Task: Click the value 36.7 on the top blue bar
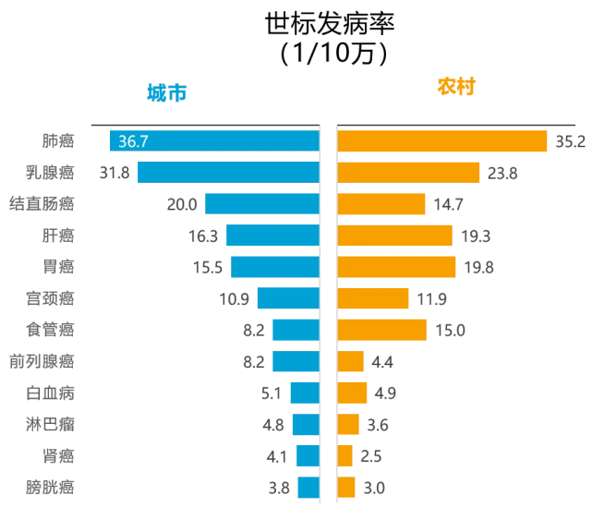[133, 142]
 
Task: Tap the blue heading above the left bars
[168, 92]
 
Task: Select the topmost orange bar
[443, 141]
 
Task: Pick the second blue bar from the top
[226, 173]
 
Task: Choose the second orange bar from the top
[409, 173]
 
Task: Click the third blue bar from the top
[261, 204]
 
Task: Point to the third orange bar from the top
[382, 204]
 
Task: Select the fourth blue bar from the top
[272, 236]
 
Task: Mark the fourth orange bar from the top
[395, 236]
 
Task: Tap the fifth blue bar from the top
[274, 267]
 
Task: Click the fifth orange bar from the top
[397, 267]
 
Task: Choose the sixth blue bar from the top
[287, 298]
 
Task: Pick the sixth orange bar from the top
[374, 298]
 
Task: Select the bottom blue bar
[308, 487]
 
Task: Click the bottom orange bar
[347, 487]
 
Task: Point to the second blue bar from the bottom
[308, 455]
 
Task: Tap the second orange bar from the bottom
[345, 455]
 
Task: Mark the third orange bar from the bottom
[349, 424]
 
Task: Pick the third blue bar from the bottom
[305, 424]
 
